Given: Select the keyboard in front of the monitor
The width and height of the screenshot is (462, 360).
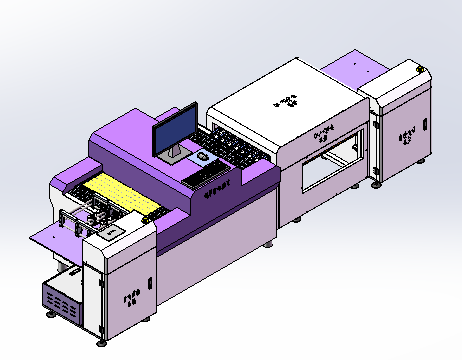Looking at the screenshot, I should click(x=205, y=173).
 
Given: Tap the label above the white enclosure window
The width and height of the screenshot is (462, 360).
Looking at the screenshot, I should click(x=322, y=135).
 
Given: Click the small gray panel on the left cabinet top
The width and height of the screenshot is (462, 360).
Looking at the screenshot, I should click(x=114, y=229).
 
